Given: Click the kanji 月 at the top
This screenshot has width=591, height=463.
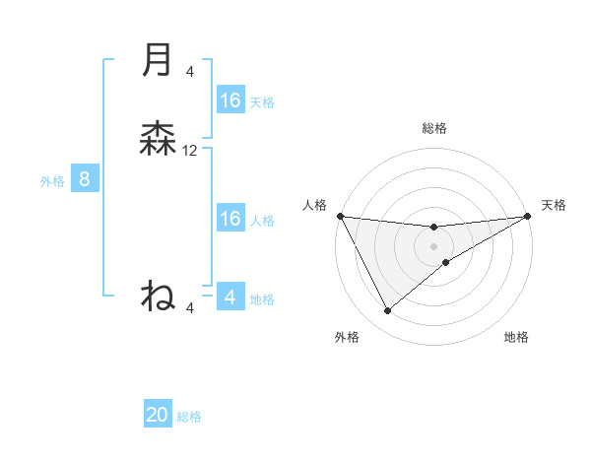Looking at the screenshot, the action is click(157, 60).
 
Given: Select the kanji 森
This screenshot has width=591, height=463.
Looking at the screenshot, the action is click(158, 139).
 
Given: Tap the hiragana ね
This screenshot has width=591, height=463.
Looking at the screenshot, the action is click(158, 295).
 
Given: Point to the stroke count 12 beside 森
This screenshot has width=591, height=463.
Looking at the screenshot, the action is click(190, 151).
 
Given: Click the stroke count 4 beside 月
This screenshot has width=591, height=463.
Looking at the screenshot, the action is click(190, 71).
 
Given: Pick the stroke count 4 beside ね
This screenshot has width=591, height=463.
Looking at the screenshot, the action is click(190, 308).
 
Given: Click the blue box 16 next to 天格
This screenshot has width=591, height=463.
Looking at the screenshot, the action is click(230, 100).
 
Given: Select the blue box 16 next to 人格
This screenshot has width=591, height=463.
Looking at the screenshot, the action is click(230, 219).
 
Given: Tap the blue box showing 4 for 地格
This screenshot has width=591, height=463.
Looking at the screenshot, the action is click(230, 298).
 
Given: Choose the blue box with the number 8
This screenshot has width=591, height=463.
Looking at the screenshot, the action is click(85, 179).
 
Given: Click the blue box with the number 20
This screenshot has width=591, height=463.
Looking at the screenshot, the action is click(158, 415).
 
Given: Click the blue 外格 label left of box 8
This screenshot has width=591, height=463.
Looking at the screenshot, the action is click(52, 181).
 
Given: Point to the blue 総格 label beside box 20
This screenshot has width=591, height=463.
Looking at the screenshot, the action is click(189, 417).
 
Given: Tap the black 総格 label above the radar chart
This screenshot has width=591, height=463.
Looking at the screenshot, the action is click(434, 128).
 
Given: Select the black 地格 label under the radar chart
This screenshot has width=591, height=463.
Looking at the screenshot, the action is click(516, 337).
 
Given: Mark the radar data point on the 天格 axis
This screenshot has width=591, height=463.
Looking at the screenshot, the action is click(528, 216).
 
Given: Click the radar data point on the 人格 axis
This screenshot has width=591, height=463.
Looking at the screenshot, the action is click(340, 216).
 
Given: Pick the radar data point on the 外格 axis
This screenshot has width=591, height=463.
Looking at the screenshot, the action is click(387, 311).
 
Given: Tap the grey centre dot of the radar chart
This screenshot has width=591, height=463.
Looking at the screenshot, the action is click(434, 246).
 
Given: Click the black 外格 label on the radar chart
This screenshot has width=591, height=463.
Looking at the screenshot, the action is click(347, 337).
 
